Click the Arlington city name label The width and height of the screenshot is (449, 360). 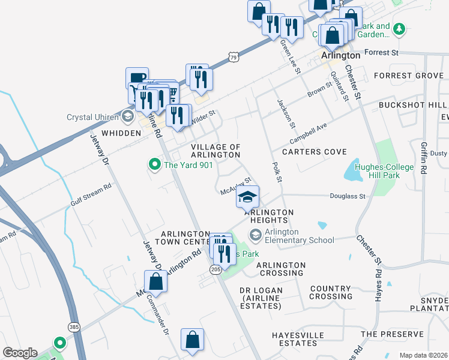pyautogui.click(x=340, y=55)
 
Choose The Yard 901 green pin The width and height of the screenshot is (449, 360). pyautogui.click(x=154, y=163)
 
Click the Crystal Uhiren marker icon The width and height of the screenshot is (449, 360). pyautogui.click(x=127, y=116)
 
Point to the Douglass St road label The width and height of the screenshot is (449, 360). pyautogui.click(x=348, y=196)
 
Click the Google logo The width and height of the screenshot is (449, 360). pyautogui.click(x=20, y=353)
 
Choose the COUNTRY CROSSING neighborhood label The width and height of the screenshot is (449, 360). pyautogui.click(x=331, y=293)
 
